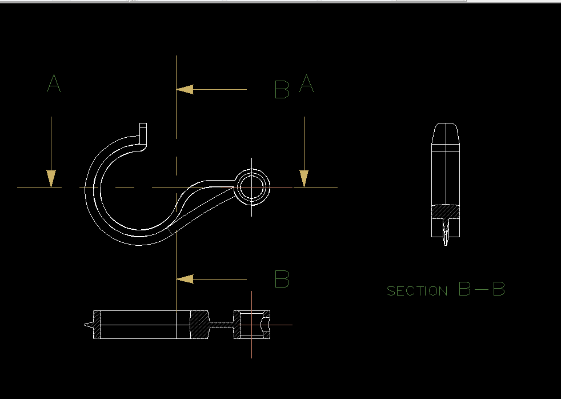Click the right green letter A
pos(307,84)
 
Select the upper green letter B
pos(282,90)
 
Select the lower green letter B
pos(282,279)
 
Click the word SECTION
pos(417,292)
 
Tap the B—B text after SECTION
pos(482,289)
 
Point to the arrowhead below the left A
pos(51,178)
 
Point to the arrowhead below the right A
pos(304,178)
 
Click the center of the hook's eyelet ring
pos(251,187)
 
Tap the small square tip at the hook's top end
pos(143,126)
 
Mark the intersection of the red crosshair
pos(251,325)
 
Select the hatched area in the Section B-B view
pos(445,212)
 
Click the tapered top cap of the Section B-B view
pos(445,133)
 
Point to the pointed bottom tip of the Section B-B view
pos(446,244)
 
